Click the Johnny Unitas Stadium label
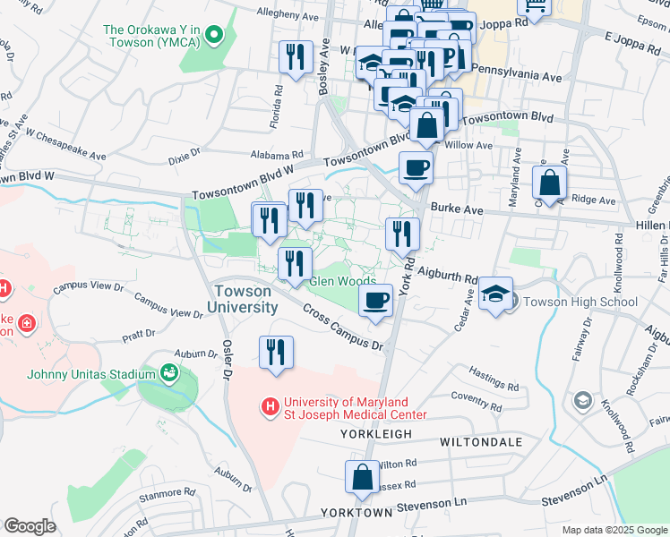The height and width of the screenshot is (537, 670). pyautogui.click(x=85, y=373)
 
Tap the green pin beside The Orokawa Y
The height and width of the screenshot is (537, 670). pyautogui.click(x=213, y=36)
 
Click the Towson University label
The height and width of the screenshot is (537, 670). pyautogui.click(x=245, y=299)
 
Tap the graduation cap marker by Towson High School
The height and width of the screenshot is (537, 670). pyautogui.click(x=495, y=294)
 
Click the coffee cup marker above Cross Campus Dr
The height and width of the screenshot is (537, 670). pyautogui.click(x=376, y=299)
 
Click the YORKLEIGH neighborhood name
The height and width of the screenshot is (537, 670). pyautogui.click(x=375, y=434)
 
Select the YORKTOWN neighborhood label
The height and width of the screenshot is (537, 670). pyautogui.click(x=356, y=513)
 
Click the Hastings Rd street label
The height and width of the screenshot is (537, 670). pyautogui.click(x=494, y=379)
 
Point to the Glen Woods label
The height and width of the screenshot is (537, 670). pyautogui.click(x=342, y=281)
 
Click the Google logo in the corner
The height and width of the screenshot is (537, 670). pyautogui.click(x=30, y=526)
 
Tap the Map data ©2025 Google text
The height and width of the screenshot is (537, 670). pyautogui.click(x=614, y=530)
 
